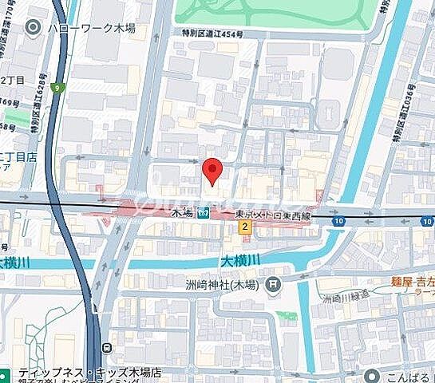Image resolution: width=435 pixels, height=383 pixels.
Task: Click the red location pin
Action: coord(211,170)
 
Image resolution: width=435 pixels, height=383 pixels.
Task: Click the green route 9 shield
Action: coord(57,89)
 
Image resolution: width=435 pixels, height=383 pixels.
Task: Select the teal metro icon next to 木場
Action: coord(204,213)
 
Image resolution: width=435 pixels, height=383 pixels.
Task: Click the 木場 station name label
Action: coord(183,214)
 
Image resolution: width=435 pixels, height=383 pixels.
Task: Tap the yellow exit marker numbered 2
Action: coord(245,227)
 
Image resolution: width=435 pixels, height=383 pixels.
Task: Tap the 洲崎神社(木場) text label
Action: coord(225,283)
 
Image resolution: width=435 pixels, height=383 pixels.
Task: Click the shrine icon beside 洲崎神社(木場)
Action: coord(273,283)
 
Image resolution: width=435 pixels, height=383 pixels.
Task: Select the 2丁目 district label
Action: coord(11,80)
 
